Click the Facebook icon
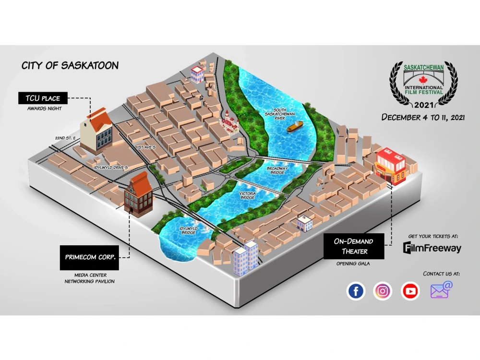(x=356, y=291)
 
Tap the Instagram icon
(x=383, y=291)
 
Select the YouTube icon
(x=410, y=291)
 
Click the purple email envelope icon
(x=441, y=290)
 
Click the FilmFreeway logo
(x=432, y=248)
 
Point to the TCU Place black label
(x=43, y=98)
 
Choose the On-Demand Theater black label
(x=354, y=246)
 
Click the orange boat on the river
(x=294, y=127)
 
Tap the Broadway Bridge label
(x=277, y=171)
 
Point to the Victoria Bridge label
(x=247, y=195)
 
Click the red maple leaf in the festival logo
(x=423, y=79)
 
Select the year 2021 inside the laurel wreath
(x=423, y=105)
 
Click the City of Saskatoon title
(x=70, y=66)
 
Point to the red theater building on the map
(x=390, y=166)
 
